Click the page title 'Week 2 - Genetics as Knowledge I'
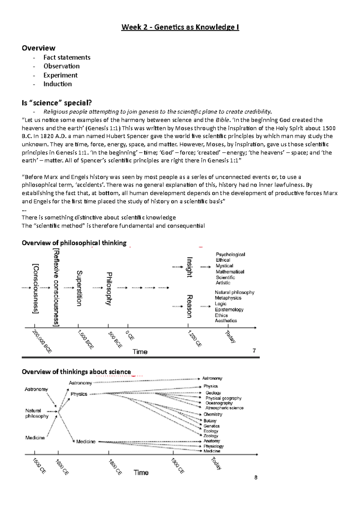[180, 27]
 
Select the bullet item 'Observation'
[61, 66]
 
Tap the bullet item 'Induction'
[58, 84]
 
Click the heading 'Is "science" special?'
[57, 103]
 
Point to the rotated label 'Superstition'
[79, 288]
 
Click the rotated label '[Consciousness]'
[36, 288]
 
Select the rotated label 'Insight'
[190, 267]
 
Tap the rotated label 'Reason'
[189, 306]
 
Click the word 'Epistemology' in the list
[229, 309]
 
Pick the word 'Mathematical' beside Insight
[230, 272]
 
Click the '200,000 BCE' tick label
[42, 341]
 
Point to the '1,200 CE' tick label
[194, 338]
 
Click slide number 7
[254, 350]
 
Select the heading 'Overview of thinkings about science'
[76, 372]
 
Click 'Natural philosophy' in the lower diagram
[37, 413]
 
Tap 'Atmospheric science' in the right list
[224, 408]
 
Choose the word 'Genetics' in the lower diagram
[211, 426]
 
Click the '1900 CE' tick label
[177, 466]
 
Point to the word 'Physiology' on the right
[213, 446]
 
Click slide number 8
[256, 478]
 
